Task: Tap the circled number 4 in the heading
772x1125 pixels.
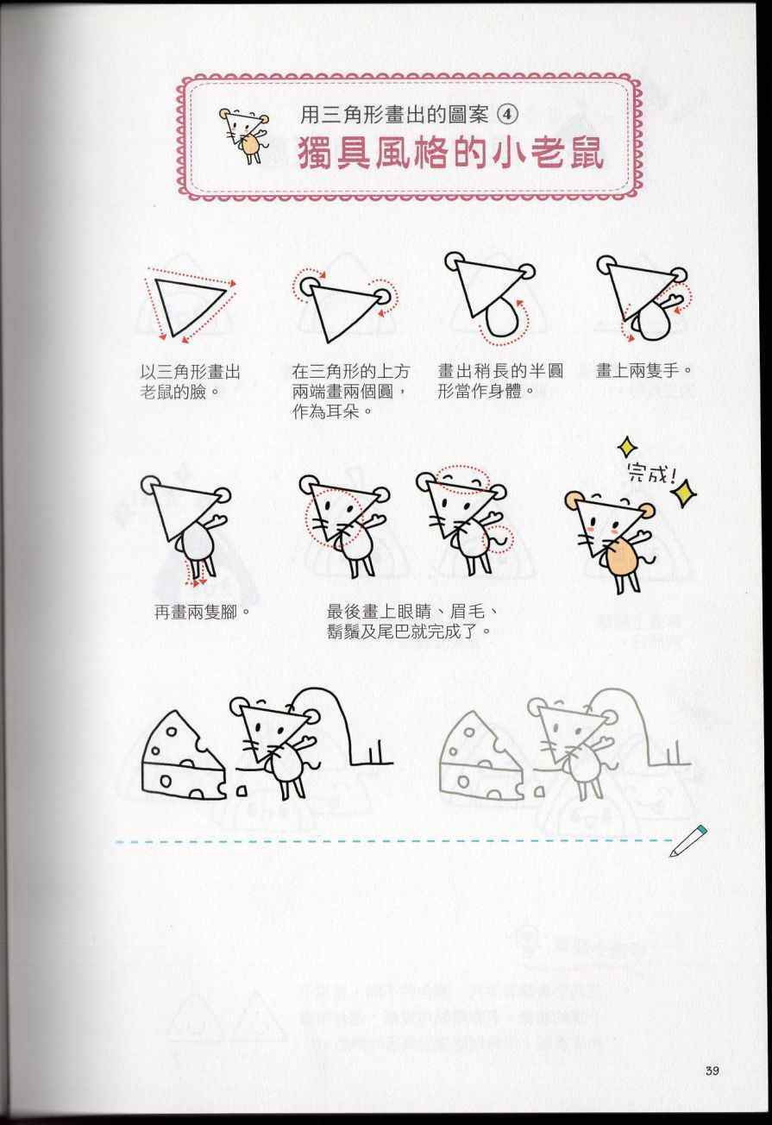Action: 507,115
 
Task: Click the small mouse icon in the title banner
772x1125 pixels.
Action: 244,135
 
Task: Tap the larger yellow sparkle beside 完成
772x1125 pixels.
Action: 685,493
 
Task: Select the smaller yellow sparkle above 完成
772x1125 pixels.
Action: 626,446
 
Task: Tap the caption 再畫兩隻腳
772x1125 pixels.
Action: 202,612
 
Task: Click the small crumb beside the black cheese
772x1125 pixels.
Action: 242,791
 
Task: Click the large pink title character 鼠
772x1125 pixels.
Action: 582,154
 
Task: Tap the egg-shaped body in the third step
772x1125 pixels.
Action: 503,317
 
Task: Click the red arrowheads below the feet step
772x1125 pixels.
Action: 197,582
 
